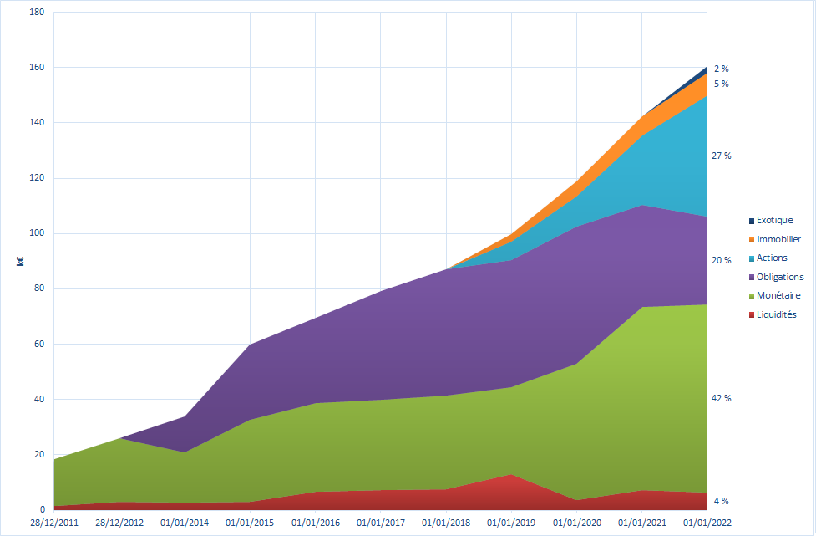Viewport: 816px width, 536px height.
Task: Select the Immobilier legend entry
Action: [x=775, y=240]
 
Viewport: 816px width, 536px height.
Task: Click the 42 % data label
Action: [x=721, y=398]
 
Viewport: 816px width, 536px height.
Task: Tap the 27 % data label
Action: [x=721, y=156]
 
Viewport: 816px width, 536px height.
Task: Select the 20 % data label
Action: [x=721, y=260]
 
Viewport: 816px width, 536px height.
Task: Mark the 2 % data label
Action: [x=721, y=69]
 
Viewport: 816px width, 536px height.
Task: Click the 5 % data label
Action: [x=721, y=84]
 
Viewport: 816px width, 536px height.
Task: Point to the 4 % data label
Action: [x=721, y=501]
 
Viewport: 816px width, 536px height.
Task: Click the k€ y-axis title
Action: [x=19, y=261]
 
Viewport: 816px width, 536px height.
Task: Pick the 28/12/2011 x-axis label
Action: [x=54, y=523]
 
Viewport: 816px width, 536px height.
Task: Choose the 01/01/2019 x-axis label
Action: [x=511, y=523]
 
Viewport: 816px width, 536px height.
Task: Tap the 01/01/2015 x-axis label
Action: [x=250, y=523]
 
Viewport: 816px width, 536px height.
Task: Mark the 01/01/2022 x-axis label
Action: [x=707, y=523]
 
